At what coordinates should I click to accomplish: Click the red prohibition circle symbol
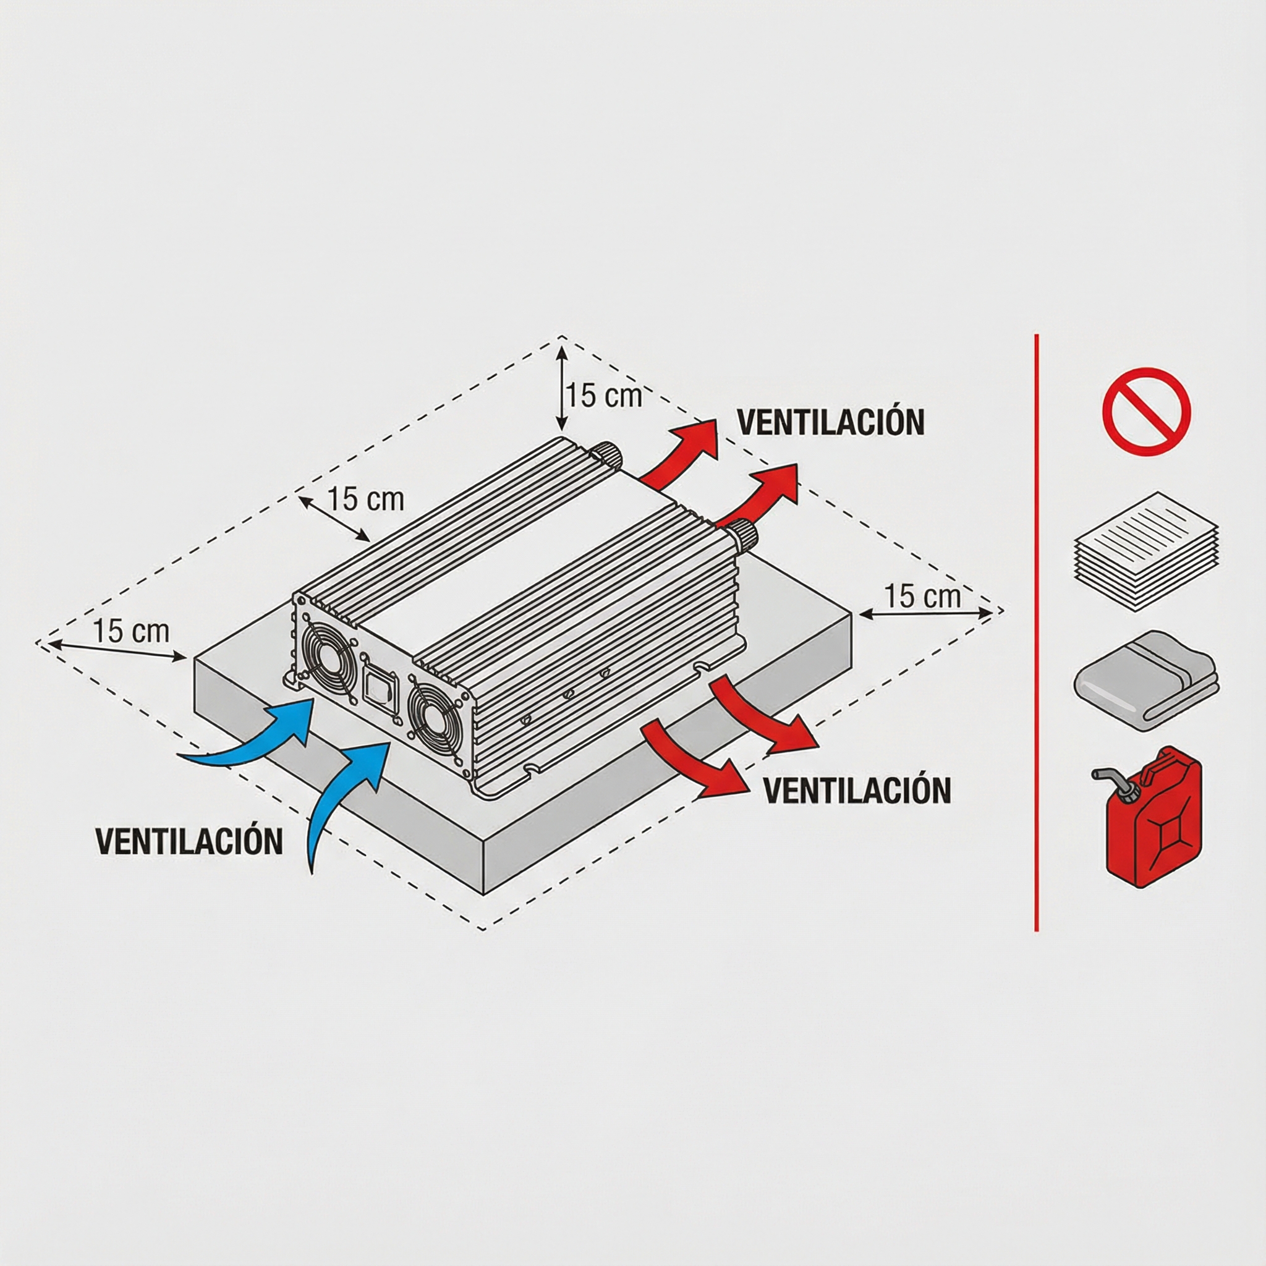[1146, 412]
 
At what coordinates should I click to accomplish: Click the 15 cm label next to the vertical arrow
[604, 395]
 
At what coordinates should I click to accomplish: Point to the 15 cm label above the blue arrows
[131, 631]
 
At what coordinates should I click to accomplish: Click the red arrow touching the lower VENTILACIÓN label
[695, 760]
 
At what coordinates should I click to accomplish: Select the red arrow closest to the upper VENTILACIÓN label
[681, 452]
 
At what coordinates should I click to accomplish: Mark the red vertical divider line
[1036, 632]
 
